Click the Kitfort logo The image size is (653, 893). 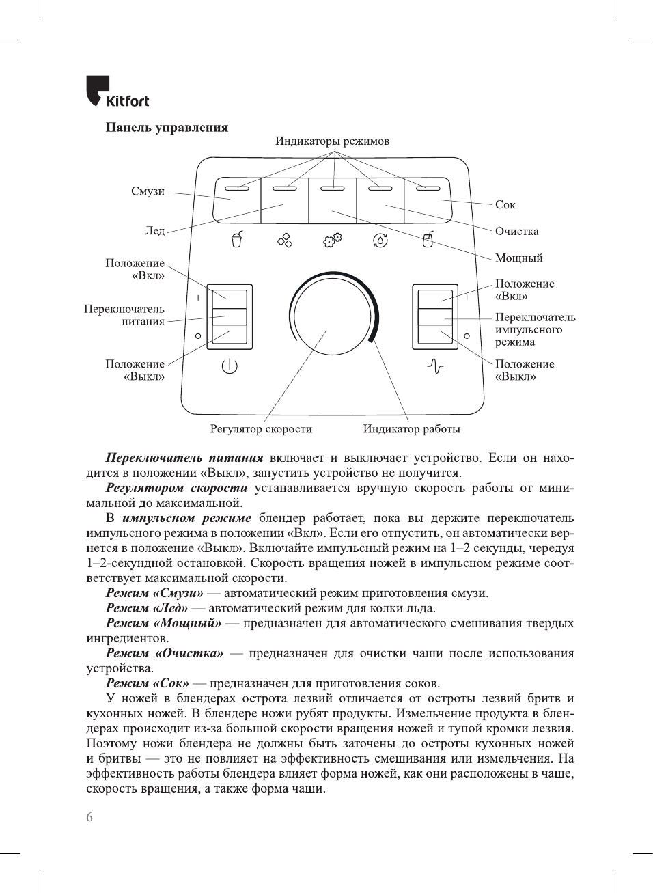click(117, 92)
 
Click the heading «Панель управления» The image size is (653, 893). click(167, 128)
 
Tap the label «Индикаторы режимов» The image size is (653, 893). click(332, 141)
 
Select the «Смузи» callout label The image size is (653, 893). click(148, 191)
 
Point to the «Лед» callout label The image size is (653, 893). click(154, 231)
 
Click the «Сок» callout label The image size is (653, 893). click(505, 205)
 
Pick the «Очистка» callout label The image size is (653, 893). click(516, 232)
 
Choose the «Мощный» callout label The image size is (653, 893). click(518, 258)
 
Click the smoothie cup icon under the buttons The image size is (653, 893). click(236, 240)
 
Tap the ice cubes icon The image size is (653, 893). click(284, 240)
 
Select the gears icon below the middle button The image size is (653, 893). click(333, 240)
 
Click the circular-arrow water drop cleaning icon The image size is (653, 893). click(380, 240)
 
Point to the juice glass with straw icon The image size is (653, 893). click(428, 239)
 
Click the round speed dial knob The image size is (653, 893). click(330, 316)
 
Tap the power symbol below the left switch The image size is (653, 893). click(230, 366)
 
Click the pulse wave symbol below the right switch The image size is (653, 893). click(435, 367)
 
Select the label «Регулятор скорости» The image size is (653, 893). click(261, 429)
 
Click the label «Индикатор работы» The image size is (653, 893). click(411, 429)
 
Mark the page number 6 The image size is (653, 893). click(89, 817)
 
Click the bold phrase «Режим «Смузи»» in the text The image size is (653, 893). click(154, 593)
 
